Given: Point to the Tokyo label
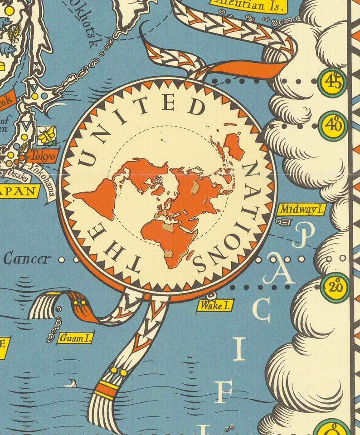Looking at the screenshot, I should click(x=43, y=156).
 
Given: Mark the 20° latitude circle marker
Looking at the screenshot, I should click(x=335, y=287).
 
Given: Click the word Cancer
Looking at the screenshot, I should click(x=26, y=259).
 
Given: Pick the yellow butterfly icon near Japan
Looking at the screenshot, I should click(x=46, y=135).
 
